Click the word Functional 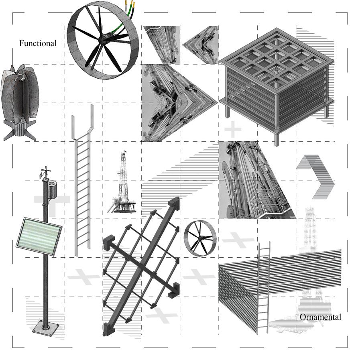38,43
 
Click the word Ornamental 320,317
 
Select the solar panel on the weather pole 39,236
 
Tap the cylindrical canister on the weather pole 52,189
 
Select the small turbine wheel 200,238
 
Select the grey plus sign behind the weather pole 52,206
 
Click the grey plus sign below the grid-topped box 233,129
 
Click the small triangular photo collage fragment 200,45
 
